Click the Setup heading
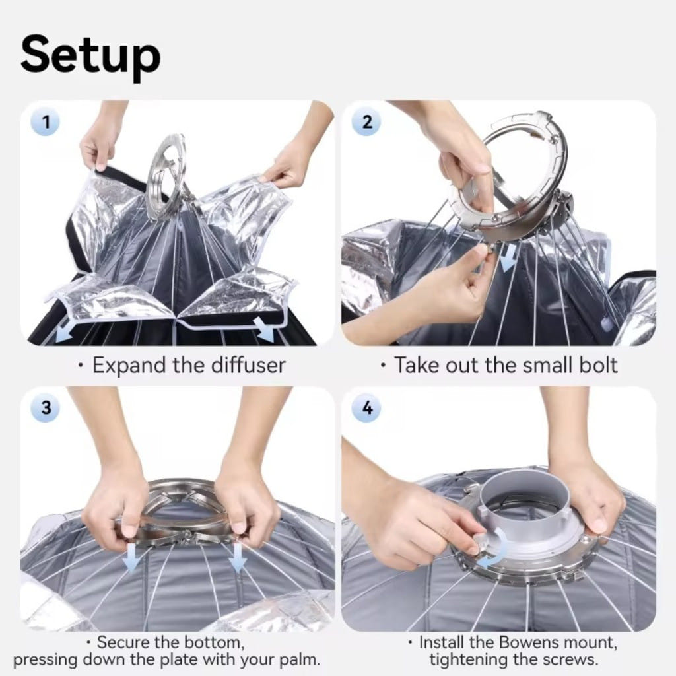[x=90, y=57]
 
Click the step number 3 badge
[x=46, y=407]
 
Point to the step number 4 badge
[x=366, y=407]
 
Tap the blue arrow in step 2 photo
[x=509, y=261]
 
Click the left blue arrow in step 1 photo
[x=65, y=333]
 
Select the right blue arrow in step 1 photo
[x=264, y=329]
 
